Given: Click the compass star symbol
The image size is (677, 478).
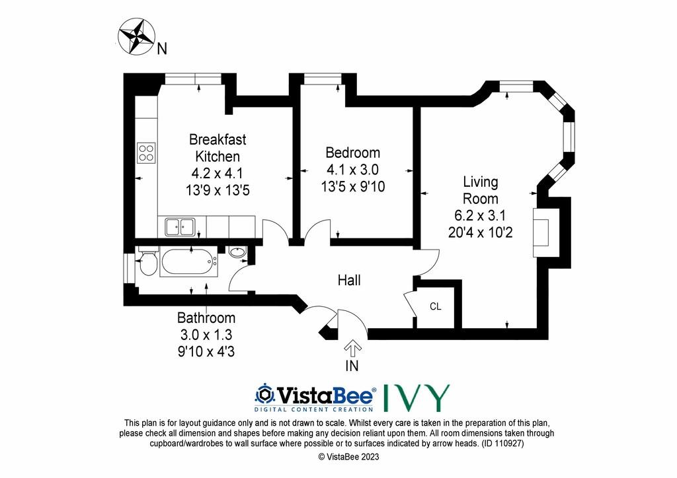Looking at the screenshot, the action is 137,36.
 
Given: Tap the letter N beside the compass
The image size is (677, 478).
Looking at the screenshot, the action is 162,49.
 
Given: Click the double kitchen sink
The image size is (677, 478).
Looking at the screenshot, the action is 180,226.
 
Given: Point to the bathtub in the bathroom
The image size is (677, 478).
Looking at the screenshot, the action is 188,261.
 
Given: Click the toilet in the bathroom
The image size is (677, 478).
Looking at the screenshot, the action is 147,261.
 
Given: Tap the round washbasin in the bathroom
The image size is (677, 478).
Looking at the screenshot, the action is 237,252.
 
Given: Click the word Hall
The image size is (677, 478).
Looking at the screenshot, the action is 349,281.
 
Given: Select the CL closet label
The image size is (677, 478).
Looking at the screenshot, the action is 435,306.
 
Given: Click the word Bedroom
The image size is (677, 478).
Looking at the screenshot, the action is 353,153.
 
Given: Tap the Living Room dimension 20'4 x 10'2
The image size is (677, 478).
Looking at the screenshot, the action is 480,233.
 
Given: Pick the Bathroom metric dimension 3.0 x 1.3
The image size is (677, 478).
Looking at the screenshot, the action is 206,335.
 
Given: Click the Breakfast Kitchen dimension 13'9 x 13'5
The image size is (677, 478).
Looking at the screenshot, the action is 218,190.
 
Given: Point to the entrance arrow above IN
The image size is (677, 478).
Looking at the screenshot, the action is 352,349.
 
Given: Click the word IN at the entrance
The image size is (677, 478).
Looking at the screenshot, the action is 352,366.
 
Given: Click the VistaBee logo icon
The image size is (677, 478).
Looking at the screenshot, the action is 264,394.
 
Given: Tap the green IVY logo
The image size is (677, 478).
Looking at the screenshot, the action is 417,397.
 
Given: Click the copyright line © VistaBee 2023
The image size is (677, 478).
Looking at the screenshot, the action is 348,457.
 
